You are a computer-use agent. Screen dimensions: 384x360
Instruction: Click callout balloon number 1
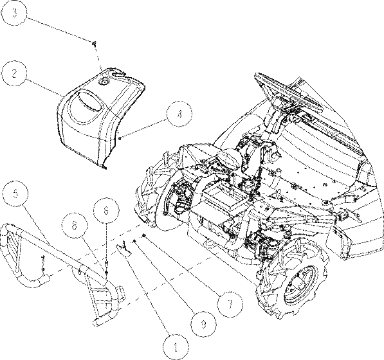(x=176, y=347)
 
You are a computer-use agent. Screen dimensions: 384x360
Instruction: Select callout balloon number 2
(x=14, y=73)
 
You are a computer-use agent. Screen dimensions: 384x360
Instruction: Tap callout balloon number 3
(x=14, y=13)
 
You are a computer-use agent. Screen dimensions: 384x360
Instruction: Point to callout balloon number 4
(x=179, y=114)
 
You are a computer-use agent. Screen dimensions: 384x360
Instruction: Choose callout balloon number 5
(x=16, y=194)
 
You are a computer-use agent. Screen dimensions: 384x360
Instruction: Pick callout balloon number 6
(x=106, y=210)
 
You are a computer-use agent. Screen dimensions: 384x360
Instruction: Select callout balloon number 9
(x=203, y=324)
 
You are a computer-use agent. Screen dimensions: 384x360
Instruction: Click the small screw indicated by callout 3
(x=94, y=44)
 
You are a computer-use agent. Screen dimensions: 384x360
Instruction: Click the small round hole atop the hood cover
(x=104, y=82)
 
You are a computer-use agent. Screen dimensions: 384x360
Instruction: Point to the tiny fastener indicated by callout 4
(x=120, y=139)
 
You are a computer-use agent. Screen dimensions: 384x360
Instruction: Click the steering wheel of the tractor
(x=289, y=94)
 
